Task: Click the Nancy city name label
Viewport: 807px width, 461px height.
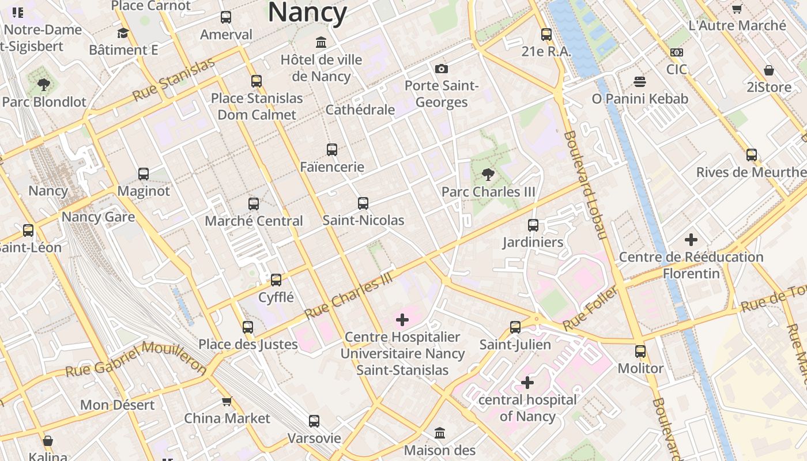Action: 307,12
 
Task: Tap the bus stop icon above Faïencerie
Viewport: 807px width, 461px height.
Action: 332,150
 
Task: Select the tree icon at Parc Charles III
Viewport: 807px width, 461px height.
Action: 488,174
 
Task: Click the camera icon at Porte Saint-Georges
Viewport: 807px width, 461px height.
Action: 442,69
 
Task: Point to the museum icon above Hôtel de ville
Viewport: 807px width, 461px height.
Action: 321,43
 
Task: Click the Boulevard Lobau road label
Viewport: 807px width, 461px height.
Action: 586,184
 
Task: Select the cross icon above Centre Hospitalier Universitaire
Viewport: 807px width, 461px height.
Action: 402,320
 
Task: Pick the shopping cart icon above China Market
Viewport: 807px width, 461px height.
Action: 227,401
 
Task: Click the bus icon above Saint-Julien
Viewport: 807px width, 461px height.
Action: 515,327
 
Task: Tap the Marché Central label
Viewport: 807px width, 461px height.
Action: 254,221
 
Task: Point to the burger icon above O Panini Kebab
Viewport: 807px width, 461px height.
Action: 639,82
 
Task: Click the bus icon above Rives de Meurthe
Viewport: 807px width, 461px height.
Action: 751,155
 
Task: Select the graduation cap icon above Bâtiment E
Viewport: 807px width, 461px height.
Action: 123,33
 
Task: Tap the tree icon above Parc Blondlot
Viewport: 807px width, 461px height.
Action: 43,85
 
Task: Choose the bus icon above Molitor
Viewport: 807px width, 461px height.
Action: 640,351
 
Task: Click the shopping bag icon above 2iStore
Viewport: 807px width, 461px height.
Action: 768,70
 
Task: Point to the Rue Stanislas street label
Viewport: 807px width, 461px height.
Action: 174,80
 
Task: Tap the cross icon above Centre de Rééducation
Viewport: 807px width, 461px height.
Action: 691,240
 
